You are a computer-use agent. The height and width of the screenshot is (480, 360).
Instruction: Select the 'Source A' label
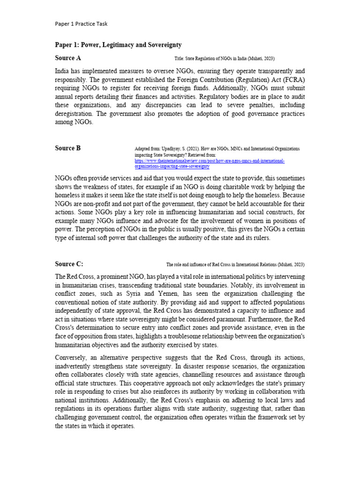(68, 58)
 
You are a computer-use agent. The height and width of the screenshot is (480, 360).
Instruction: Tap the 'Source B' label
(68, 148)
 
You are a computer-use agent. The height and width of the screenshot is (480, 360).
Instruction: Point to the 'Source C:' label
(69, 264)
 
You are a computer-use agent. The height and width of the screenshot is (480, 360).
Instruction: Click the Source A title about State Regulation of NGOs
(224, 59)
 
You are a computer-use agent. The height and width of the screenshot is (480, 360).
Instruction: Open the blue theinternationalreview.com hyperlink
(210, 161)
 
